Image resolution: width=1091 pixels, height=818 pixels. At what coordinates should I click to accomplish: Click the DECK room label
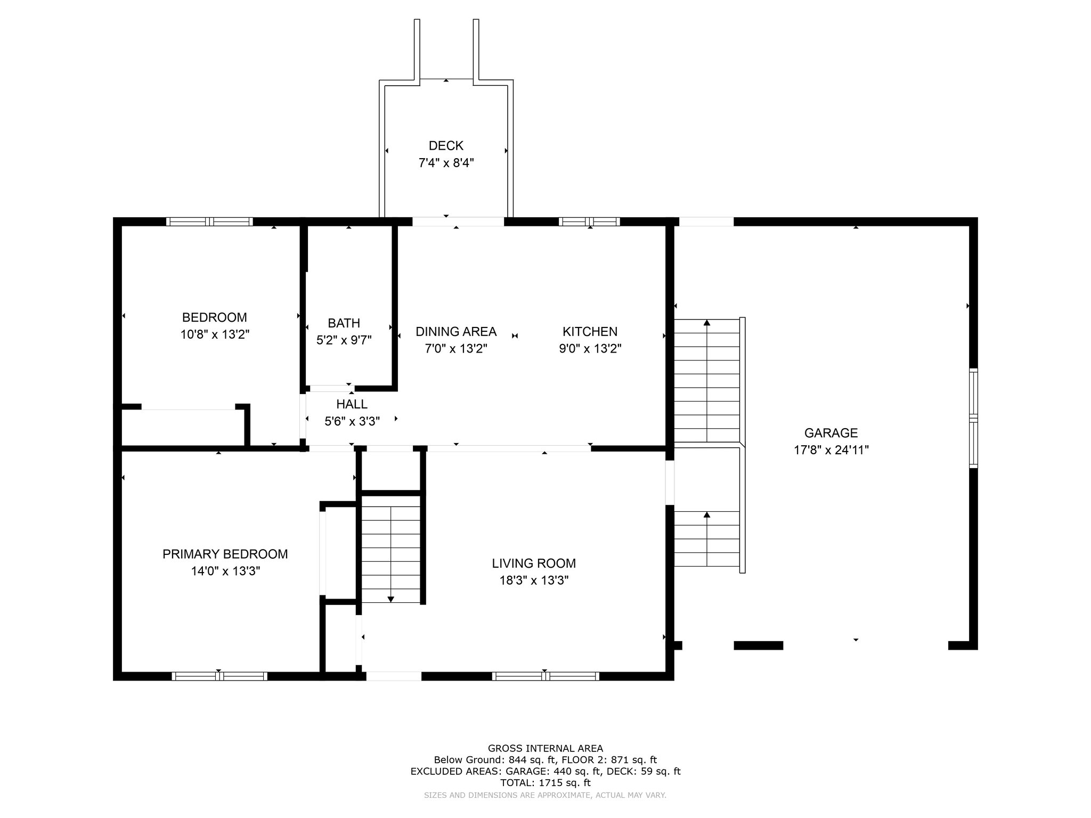click(x=446, y=145)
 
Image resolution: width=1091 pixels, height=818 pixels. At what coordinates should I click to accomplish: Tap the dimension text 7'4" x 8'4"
click(x=446, y=163)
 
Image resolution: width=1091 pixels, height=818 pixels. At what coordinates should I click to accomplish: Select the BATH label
click(x=344, y=323)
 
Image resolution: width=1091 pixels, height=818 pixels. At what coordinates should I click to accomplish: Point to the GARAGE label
click(x=831, y=433)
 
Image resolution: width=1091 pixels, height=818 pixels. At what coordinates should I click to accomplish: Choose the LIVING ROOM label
click(x=534, y=563)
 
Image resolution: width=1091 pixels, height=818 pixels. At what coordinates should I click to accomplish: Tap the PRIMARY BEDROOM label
click(x=225, y=554)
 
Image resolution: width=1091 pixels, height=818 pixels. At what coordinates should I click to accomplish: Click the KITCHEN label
click(x=590, y=331)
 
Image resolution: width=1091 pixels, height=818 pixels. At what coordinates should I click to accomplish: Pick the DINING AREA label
click(x=456, y=331)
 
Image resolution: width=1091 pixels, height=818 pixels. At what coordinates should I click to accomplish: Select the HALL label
click(x=352, y=404)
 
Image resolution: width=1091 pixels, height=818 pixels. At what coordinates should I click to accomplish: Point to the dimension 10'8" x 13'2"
click(x=215, y=334)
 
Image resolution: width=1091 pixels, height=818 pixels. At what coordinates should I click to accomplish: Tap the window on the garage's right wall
click(x=973, y=418)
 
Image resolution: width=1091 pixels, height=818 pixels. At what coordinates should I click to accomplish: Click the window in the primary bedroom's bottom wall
click(x=219, y=676)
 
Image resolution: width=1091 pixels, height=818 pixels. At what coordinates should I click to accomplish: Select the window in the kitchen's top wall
click(x=589, y=222)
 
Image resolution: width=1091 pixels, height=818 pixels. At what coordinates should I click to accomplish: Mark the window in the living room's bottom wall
click(x=545, y=676)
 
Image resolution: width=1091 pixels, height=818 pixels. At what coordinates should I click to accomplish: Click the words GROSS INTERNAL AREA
click(x=545, y=748)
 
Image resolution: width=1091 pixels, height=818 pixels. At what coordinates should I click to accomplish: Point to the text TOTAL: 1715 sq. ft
click(x=545, y=783)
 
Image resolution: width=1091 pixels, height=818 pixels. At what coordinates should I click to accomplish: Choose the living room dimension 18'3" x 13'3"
click(x=534, y=580)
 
